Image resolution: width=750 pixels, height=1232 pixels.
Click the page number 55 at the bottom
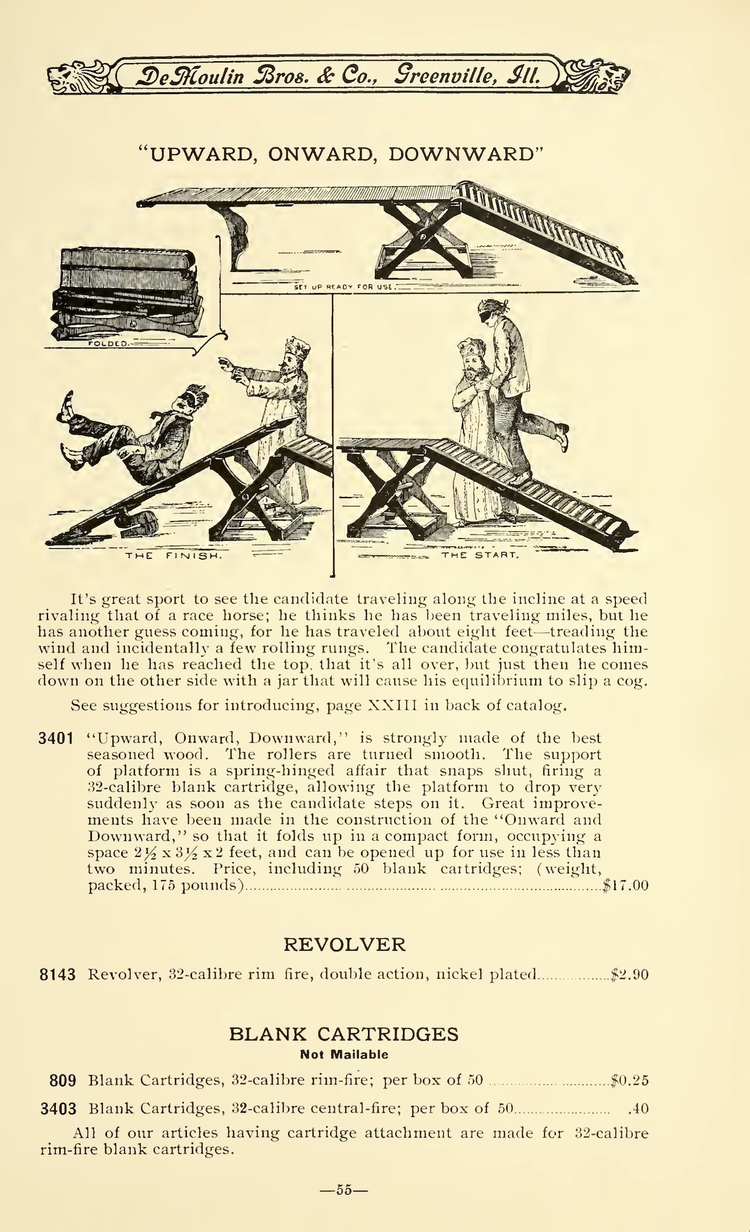click(343, 1191)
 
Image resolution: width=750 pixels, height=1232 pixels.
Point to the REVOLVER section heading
click(344, 944)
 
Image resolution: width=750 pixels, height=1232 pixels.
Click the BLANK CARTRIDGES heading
click(344, 1034)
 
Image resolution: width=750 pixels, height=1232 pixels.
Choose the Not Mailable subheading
click(344, 1055)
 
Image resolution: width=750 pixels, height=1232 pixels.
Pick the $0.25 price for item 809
click(630, 1079)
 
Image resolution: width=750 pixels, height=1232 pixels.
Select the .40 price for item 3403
click(637, 1109)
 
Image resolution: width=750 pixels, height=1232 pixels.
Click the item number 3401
click(57, 738)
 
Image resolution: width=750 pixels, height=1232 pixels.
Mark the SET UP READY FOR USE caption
click(342, 288)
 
